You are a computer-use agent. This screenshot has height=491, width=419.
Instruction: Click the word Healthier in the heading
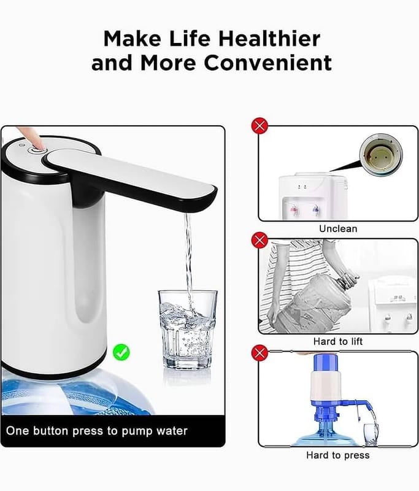pos(269,39)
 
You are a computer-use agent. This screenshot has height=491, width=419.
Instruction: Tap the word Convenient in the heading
pos(268,63)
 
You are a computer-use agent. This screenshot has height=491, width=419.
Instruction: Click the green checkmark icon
pos(121,352)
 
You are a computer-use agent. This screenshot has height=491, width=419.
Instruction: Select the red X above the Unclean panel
pos(259,126)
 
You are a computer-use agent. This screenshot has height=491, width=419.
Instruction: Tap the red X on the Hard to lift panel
pos(259,240)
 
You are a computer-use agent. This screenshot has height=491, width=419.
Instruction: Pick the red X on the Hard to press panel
pos(259,354)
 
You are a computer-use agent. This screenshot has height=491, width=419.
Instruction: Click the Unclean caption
pos(338,228)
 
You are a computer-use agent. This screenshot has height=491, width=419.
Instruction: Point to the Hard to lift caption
pos(338,341)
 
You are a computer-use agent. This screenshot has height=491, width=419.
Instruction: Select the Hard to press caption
pos(338,455)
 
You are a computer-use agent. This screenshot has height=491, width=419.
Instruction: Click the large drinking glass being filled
pos(188,330)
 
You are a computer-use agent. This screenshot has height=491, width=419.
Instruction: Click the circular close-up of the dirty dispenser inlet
pos(381,155)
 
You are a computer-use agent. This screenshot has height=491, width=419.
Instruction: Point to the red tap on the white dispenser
pos(294,210)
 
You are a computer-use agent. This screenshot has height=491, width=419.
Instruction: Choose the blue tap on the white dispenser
pos(316,210)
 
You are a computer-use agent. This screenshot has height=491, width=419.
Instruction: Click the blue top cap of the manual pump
pos(325,363)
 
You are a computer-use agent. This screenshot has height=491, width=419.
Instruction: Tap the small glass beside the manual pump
pos(371,435)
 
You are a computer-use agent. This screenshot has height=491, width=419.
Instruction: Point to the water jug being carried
pos(315,304)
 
